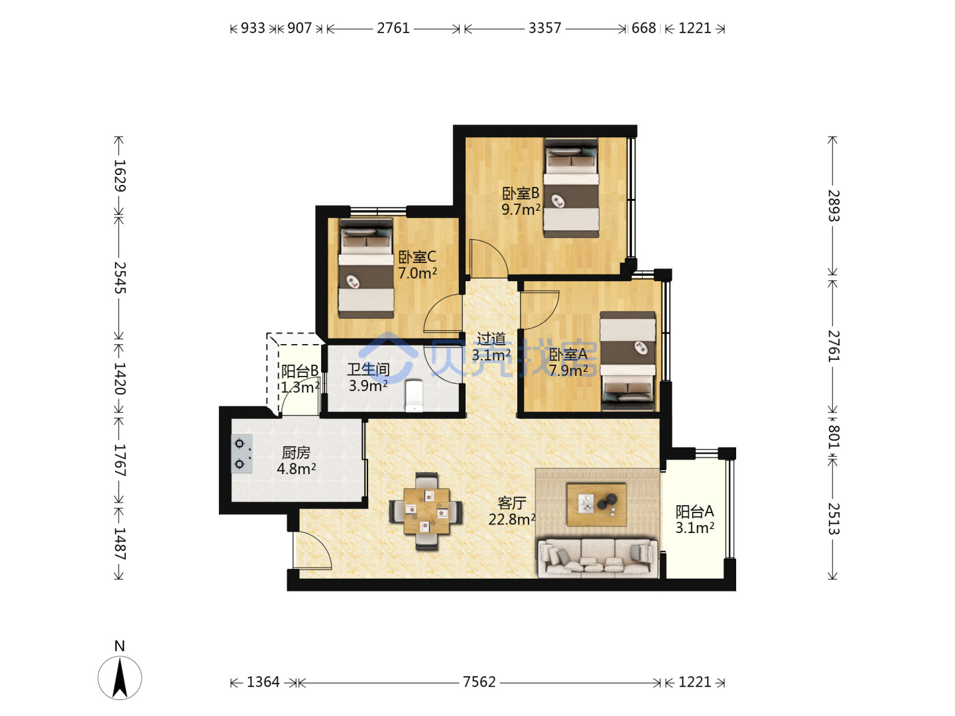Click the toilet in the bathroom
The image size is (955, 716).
coord(413,395)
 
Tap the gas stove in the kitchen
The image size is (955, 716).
coord(241,453)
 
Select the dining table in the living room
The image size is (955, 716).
coord(426,511)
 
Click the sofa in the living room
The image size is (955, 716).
coord(598,558)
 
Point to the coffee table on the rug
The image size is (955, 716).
coord(596,505)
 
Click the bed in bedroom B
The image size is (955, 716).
coord(571,188)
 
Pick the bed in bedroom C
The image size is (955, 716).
coord(366,268)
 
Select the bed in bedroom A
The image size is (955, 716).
coord(628,361)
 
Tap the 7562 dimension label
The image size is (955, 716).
coord(479,682)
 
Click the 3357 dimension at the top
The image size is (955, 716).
coord(544,29)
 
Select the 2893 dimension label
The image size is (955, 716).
coord(833,206)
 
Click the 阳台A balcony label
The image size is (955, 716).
coord(694,511)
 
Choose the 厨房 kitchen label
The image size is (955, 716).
coord(296,453)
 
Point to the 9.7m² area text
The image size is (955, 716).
coord(521,209)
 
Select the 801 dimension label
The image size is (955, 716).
coord(833,436)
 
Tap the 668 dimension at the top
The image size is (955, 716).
coord(643,29)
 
